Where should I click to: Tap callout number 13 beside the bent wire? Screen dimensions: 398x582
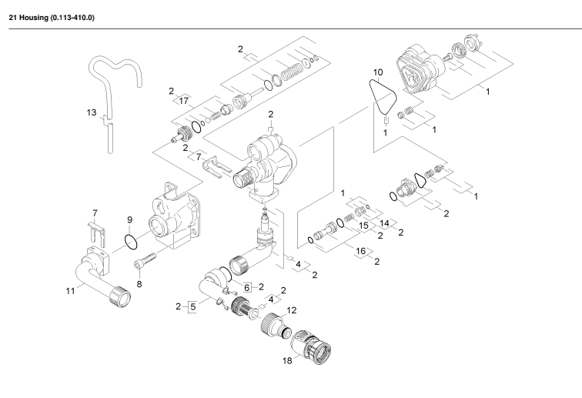pos(91,112)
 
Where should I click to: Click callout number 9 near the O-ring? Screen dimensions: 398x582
pos(129,219)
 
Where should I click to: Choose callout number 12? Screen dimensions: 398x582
pos(291,309)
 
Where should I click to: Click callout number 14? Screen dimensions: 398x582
pos(384,222)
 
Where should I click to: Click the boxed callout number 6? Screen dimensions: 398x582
pos(248,286)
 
